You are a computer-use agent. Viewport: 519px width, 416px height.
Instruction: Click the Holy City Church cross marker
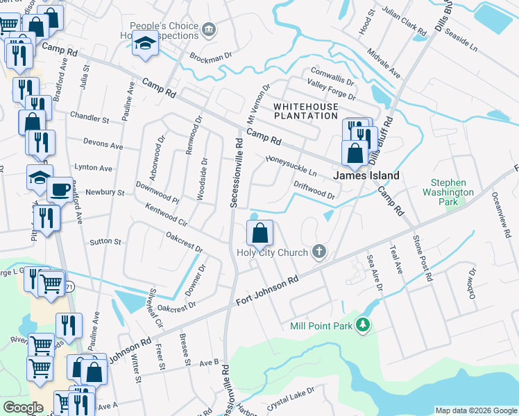(x=319, y=251)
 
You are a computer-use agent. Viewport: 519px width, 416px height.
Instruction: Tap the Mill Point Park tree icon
(x=361, y=325)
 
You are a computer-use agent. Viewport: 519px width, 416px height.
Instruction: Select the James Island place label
(x=366, y=175)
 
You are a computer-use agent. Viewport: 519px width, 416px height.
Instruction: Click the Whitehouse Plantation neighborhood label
(x=306, y=111)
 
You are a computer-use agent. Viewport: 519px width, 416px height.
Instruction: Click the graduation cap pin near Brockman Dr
(x=146, y=44)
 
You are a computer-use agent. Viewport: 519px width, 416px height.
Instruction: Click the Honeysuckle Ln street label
(x=291, y=165)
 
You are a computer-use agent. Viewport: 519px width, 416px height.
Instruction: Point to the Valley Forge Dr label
(x=331, y=90)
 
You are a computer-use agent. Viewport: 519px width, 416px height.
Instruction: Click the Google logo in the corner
(x=23, y=408)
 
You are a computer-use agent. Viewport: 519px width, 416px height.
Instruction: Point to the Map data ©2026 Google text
(x=475, y=410)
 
